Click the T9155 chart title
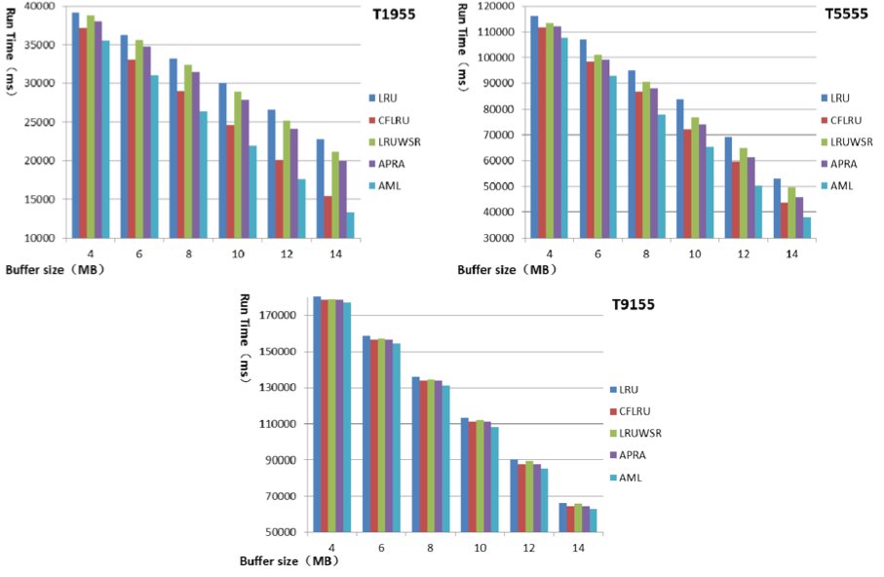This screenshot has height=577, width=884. point(628,305)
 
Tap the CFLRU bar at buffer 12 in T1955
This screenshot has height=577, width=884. point(279,199)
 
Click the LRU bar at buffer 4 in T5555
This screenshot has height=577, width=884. point(534,127)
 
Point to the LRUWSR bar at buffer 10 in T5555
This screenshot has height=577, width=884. point(695,177)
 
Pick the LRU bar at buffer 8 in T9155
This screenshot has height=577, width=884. point(416,454)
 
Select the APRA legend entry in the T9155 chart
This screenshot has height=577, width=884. point(631,455)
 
